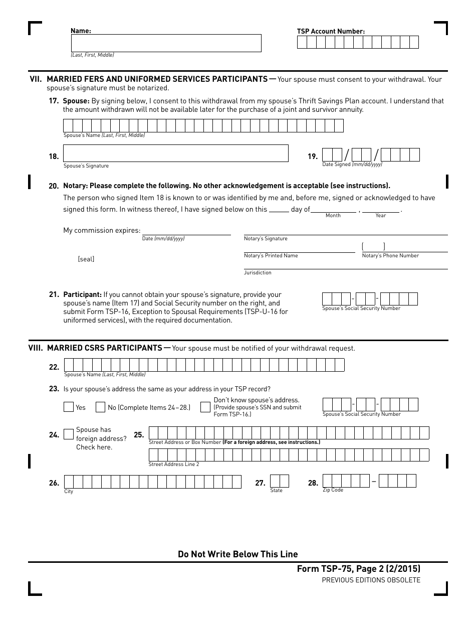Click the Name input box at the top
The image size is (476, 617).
[165, 43]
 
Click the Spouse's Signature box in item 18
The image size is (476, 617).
[175, 153]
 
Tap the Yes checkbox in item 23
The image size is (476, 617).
[69, 407]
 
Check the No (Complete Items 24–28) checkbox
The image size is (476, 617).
[100, 407]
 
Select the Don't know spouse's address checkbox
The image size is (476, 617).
[205, 407]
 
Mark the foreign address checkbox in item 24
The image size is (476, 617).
[69, 434]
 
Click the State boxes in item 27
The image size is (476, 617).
[279, 481]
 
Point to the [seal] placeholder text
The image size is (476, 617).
[86, 259]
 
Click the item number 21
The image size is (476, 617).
[54, 294]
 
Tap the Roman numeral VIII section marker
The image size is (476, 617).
[36, 348]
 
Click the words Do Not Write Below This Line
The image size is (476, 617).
[237, 554]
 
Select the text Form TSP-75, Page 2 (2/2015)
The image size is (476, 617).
[358, 569]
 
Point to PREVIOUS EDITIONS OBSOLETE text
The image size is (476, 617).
[371, 580]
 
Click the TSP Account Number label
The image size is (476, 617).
[331, 31]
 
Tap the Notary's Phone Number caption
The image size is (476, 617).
[390, 256]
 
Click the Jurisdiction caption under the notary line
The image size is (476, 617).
[258, 273]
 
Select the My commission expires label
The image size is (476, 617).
[102, 231]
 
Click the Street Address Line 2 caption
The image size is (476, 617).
[173, 465]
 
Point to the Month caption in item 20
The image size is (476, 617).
[333, 216]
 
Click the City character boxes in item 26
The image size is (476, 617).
[152, 482]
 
